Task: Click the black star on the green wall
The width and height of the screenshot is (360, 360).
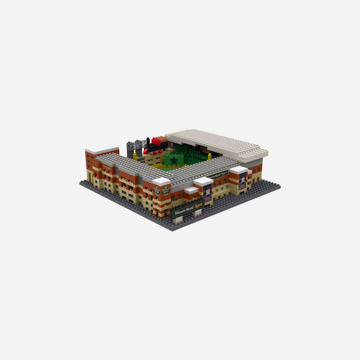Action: [x=174, y=160]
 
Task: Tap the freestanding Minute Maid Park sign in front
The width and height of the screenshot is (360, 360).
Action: [x=187, y=209]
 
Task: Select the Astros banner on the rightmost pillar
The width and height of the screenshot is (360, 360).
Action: [x=243, y=181]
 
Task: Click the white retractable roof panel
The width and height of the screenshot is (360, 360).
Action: [x=216, y=142]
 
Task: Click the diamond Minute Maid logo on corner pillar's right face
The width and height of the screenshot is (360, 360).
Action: [x=166, y=191]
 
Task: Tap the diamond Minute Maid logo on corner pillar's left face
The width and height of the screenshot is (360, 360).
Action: [x=157, y=191]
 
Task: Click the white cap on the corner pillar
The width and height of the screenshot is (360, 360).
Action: [x=161, y=181]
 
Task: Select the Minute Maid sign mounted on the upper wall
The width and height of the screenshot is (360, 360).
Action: [x=218, y=174]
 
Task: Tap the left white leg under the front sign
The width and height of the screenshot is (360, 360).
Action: [x=179, y=219]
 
